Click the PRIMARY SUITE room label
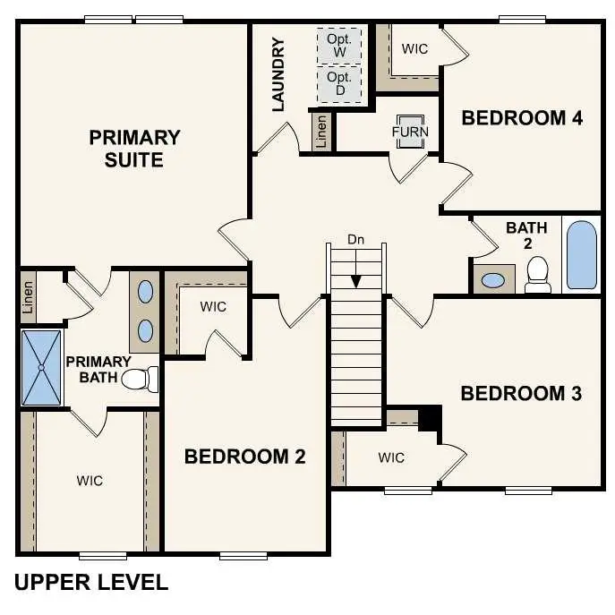[134, 149]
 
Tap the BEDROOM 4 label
[522, 117]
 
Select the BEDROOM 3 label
[521, 393]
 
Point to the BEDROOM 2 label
[244, 457]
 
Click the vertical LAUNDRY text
[278, 74]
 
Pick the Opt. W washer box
[339, 45]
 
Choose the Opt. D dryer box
[339, 85]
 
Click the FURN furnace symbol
[411, 131]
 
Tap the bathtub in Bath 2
[581, 254]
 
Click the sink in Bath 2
[492, 279]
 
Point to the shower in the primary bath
[41, 367]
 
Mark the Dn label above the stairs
[356, 240]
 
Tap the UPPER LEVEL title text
[91, 583]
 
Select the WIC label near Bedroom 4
[414, 48]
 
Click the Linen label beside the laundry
[321, 132]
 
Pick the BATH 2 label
[526, 235]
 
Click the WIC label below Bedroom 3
[390, 457]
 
